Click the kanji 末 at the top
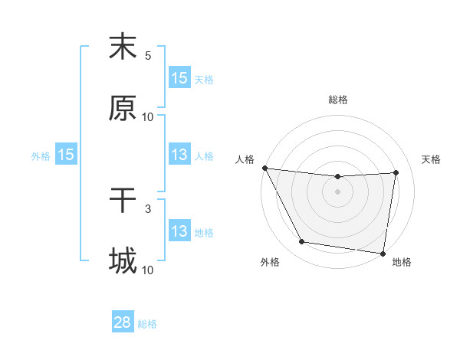123,47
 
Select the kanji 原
123,109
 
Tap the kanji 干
123,201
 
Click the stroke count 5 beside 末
148,56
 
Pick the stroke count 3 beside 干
148,208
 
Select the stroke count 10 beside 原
148,117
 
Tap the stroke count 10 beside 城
148,270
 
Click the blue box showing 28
123,322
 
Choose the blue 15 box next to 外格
66,155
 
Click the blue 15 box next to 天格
179,78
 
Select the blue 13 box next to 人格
179,155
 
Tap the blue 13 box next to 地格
179,231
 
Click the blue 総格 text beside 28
147,323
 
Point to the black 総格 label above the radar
338,100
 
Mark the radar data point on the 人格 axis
264,168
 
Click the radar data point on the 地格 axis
383,253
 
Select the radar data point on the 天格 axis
396,173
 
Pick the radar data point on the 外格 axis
301,243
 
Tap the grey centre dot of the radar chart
338,191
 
